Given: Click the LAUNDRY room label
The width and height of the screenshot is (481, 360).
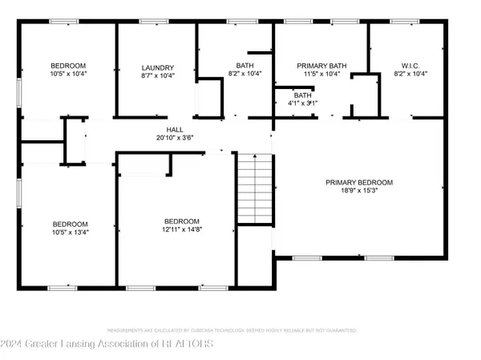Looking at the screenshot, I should pyautogui.click(x=158, y=67).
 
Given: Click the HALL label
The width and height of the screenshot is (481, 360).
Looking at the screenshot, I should pyautogui.click(x=175, y=129).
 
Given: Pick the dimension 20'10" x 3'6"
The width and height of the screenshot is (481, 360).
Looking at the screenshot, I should pyautogui.click(x=175, y=137).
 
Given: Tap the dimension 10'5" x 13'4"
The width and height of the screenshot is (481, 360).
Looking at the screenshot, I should pyautogui.click(x=70, y=233).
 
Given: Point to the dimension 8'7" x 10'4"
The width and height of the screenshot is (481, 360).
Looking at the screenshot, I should pyautogui.click(x=158, y=75).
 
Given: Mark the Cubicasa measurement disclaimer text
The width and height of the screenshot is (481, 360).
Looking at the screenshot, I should pyautogui.click(x=240, y=330).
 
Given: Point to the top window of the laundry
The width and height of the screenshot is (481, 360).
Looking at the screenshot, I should pyautogui.click(x=150, y=21).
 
